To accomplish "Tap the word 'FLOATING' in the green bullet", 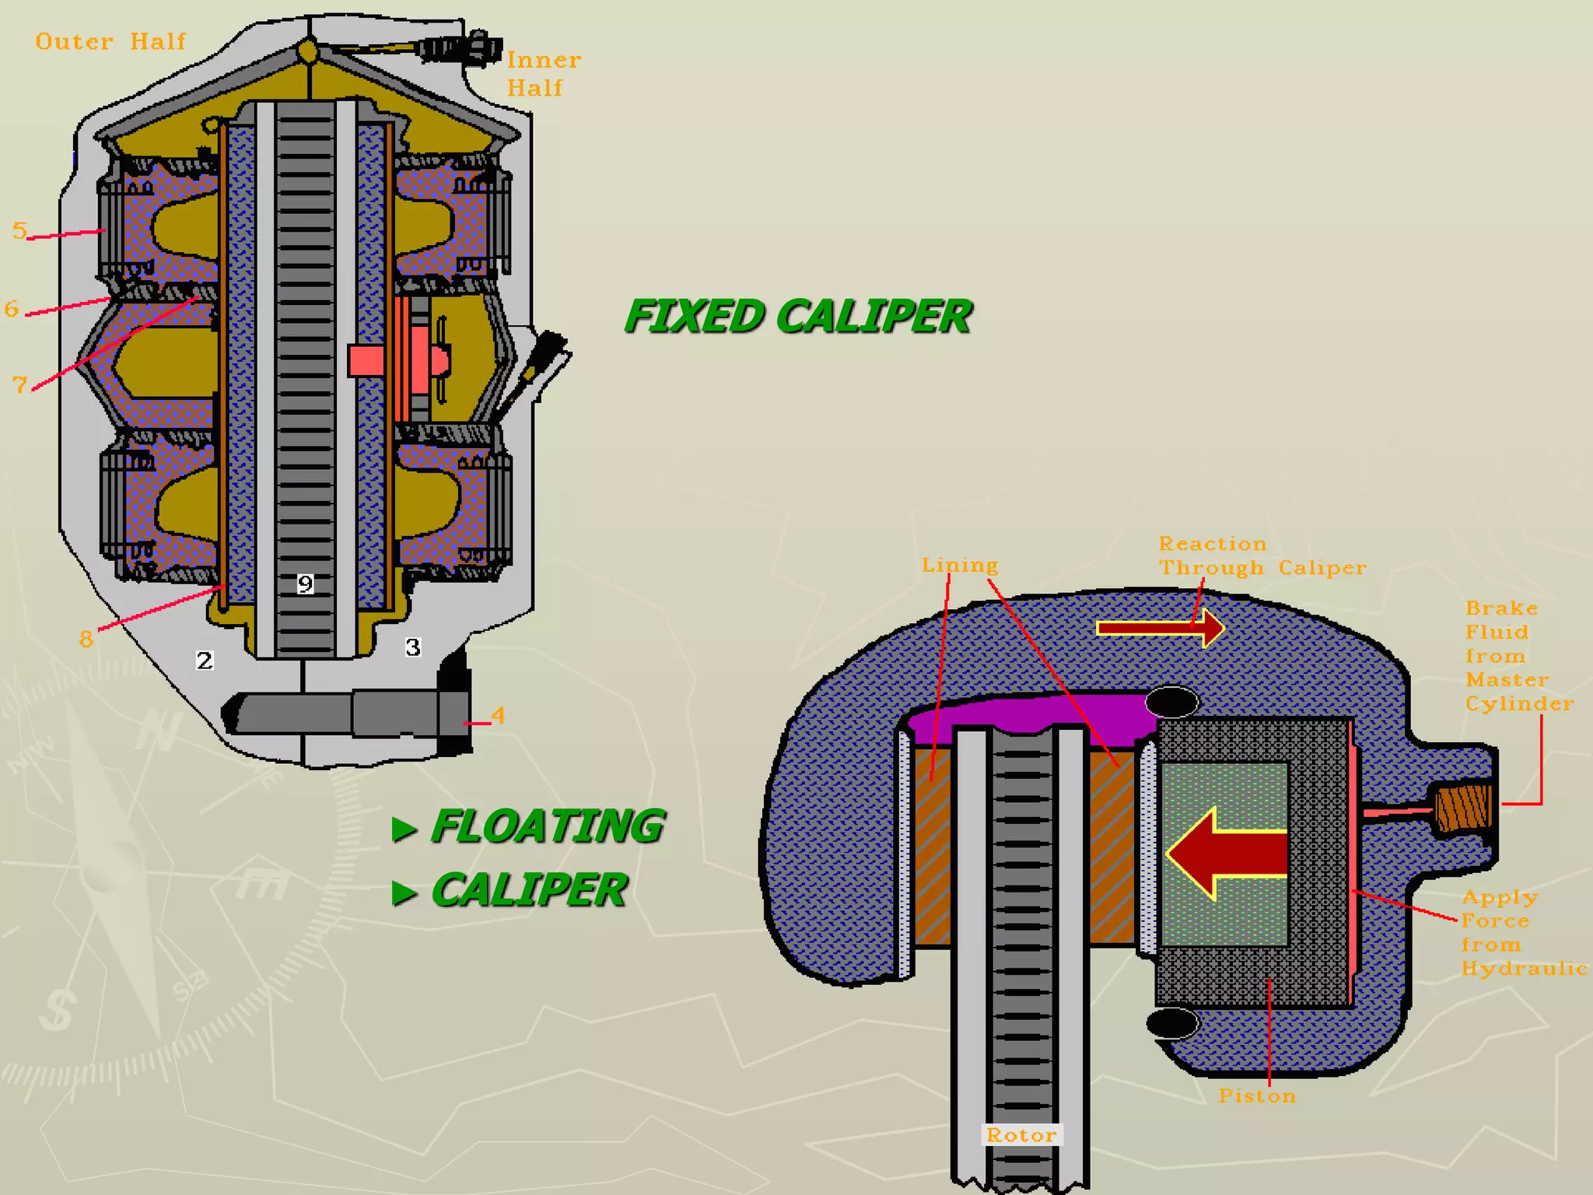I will (x=547, y=825).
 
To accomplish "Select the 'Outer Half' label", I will (x=110, y=41).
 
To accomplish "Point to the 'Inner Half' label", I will (x=544, y=74).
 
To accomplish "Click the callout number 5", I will (x=19, y=230).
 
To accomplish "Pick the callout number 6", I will (x=11, y=308).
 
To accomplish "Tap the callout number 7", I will (x=20, y=384).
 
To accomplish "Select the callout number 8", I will (x=86, y=639).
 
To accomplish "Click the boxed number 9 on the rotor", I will (x=305, y=583).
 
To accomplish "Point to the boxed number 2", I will (x=204, y=661).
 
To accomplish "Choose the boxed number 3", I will (x=413, y=647).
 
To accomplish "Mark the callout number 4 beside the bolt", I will (x=498, y=715).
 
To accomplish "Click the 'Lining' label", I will (x=960, y=565).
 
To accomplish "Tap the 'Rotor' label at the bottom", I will (x=1021, y=1135).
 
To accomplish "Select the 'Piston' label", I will (x=1257, y=1095).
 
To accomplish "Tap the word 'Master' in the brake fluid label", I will (x=1507, y=680).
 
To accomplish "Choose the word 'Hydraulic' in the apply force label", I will (x=1524, y=969).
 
